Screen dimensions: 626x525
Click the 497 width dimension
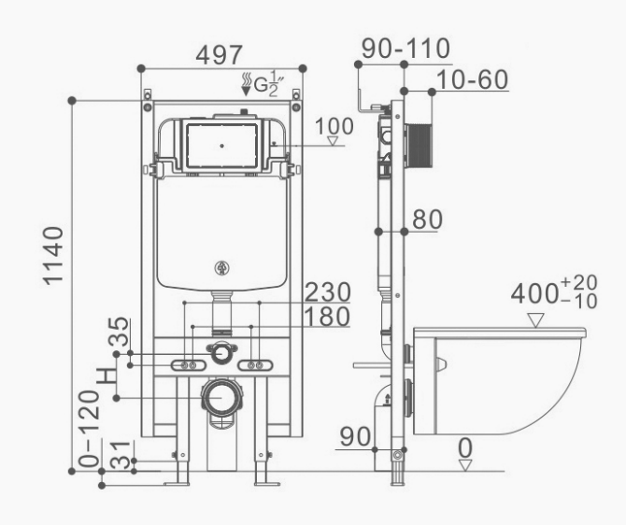pyautogui.click(x=220, y=55)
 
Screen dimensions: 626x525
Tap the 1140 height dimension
pyautogui.click(x=53, y=256)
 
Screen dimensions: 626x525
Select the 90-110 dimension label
pyautogui.click(x=406, y=49)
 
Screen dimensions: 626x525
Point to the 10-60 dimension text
pyautogui.click(x=473, y=79)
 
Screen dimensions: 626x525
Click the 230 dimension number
pyautogui.click(x=328, y=291)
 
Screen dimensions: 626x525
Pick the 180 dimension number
pyautogui.click(x=327, y=317)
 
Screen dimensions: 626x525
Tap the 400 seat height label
pyautogui.click(x=534, y=294)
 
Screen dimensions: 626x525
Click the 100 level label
pyautogui.click(x=334, y=126)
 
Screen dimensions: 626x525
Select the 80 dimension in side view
pyautogui.click(x=427, y=220)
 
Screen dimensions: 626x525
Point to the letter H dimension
pyautogui.click(x=107, y=376)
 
